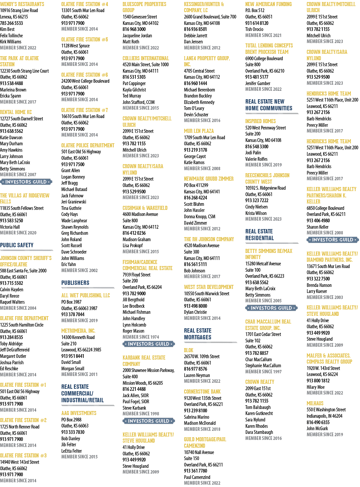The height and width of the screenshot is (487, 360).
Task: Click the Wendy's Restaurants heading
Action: tap(22, 4)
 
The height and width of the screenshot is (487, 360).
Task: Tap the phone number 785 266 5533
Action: tap(11, 23)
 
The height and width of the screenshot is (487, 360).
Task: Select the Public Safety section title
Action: tap(17, 245)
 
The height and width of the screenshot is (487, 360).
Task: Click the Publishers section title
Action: tap(75, 283)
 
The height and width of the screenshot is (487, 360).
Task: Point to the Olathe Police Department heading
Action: tap(88, 145)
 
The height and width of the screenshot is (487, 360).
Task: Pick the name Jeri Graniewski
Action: tap(74, 202)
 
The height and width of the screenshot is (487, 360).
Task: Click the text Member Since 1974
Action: tap(141, 337)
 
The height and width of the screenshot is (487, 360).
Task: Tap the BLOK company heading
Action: tap(189, 350)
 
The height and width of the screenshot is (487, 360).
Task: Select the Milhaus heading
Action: tap(315, 403)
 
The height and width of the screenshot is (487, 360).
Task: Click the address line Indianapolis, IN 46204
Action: tap(324, 416)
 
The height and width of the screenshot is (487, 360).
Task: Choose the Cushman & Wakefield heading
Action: tap(145, 208)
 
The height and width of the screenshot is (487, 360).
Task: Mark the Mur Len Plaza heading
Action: tap(199, 131)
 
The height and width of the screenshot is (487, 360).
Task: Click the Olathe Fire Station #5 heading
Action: tap(84, 40)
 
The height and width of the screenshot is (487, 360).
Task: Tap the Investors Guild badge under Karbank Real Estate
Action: tap(149, 421)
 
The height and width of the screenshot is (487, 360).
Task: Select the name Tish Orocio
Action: tap(254, 29)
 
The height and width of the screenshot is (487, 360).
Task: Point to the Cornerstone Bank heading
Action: tap(202, 391)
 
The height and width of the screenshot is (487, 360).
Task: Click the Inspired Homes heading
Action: tap(261, 121)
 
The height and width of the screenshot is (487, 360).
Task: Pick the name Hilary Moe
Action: tap(315, 387)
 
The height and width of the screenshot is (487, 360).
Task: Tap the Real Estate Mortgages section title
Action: tap(198, 334)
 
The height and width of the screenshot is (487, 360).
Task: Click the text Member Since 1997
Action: tap(264, 372)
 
